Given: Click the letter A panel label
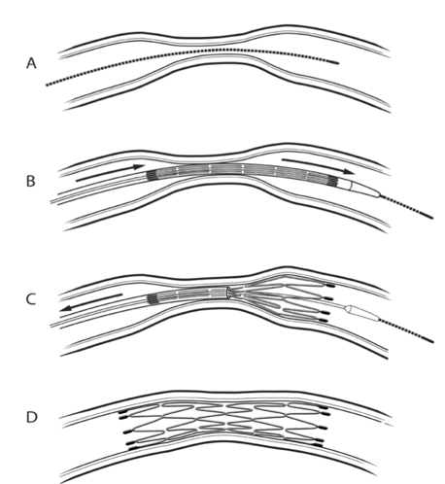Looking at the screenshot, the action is tap(31, 63).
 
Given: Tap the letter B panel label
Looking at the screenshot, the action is tap(30, 181).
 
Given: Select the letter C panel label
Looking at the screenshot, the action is tap(30, 299).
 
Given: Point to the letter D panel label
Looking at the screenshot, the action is tap(31, 417).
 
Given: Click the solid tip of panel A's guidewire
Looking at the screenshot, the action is tap(333, 62).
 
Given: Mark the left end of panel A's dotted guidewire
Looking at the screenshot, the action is tap(47, 86).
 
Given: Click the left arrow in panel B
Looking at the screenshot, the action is tap(110, 173).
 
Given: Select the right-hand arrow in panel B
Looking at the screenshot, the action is tap(319, 165).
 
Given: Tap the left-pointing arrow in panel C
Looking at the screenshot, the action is tap(91, 302).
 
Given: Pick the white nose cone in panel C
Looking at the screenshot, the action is tap(362, 313).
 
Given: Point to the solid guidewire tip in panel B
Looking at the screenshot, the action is tap(427, 215).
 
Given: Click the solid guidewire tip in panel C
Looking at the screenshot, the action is tap(428, 339).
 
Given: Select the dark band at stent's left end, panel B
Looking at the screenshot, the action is tap(152, 175).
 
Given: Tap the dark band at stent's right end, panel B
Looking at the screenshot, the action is tap(333, 181).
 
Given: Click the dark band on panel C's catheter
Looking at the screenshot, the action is tap(153, 299).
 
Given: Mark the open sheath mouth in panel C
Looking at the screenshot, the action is tap(228, 293).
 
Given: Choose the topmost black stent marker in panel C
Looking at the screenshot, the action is tap(329, 286).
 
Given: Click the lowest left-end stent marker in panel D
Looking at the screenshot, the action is tap(132, 449).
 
